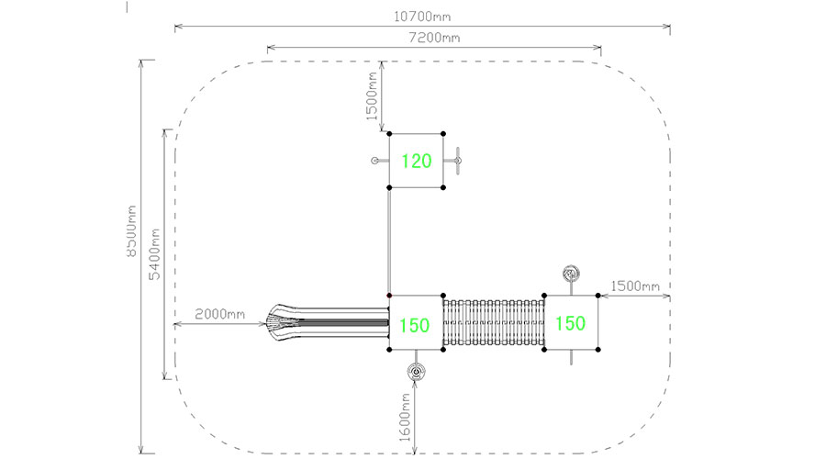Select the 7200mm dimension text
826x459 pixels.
click(434, 38)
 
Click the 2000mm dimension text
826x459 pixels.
click(219, 314)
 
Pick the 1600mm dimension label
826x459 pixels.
click(404, 417)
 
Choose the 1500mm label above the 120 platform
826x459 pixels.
click(373, 98)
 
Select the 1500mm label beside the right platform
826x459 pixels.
click(634, 286)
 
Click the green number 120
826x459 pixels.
click(417, 162)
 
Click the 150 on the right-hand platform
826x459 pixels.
click(571, 323)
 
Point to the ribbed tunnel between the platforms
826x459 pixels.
click(494, 322)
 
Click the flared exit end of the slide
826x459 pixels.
click(274, 322)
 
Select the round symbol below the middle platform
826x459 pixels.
click(417, 372)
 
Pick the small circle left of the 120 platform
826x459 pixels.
click(374, 162)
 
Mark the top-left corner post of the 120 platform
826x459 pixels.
click(390, 135)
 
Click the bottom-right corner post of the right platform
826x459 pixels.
click(598, 349)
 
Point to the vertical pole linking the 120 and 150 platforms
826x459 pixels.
click(389, 241)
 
